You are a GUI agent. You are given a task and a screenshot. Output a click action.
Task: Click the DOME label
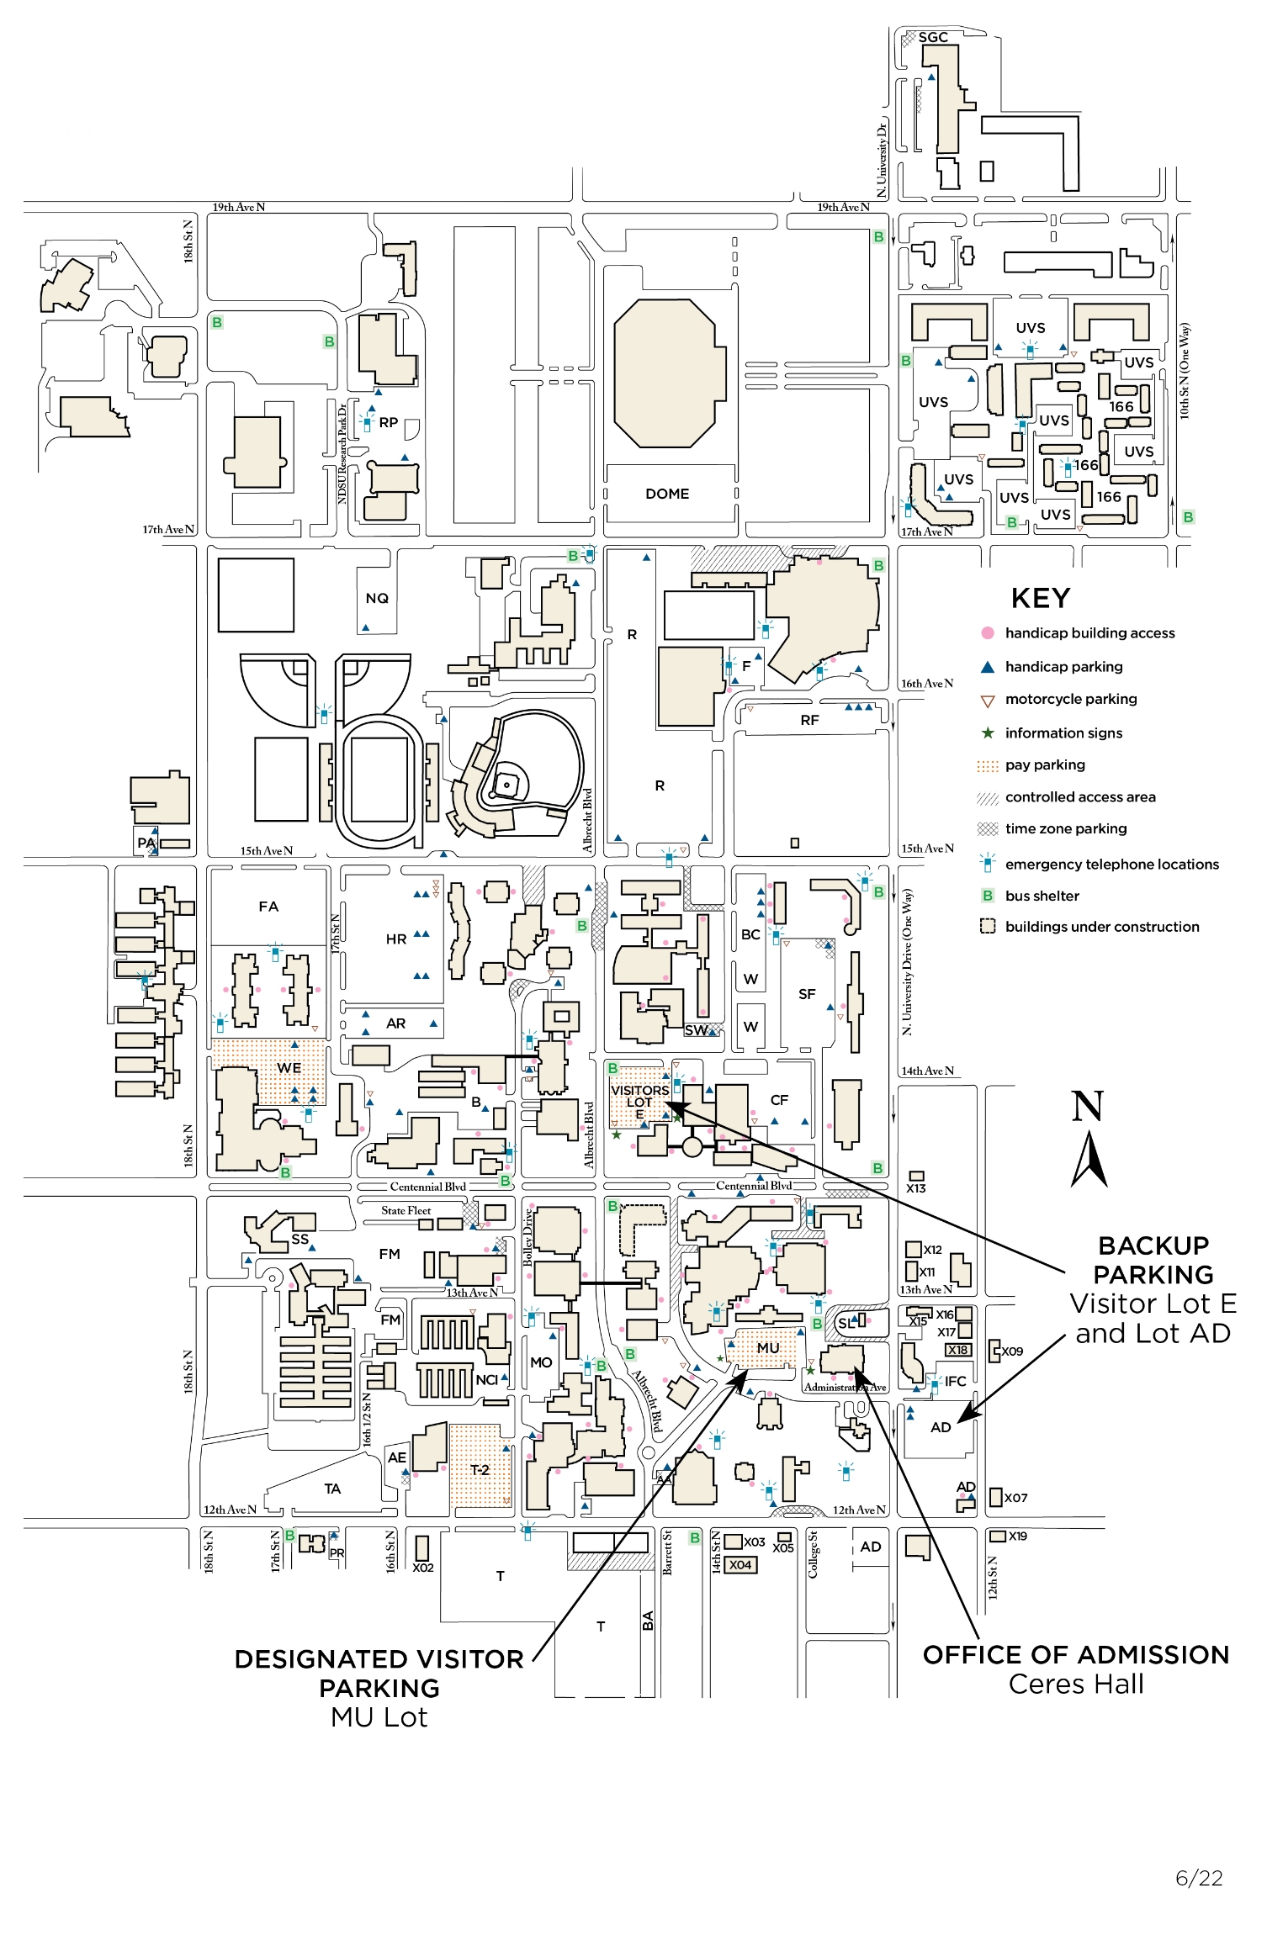(667, 494)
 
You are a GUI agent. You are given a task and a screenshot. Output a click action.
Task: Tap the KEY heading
(1041, 598)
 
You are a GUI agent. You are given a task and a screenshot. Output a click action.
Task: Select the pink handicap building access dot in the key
(988, 633)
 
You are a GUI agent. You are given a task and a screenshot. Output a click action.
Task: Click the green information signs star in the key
(988, 733)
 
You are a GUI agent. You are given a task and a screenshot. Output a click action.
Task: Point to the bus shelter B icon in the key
(988, 896)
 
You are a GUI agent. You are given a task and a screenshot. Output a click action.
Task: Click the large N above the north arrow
(1087, 1107)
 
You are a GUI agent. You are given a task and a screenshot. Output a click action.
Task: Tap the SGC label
(933, 38)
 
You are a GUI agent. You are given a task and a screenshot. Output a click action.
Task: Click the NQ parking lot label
(377, 598)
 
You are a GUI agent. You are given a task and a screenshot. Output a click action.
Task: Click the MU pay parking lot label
(767, 1347)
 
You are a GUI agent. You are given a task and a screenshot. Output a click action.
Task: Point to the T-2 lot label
(480, 1469)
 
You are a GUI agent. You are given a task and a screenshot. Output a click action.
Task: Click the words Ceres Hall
(1076, 1684)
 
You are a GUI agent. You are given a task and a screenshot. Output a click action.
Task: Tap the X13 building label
(916, 1188)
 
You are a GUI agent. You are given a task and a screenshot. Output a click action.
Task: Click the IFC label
(956, 1381)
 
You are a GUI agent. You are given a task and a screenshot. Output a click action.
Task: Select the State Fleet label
(406, 1211)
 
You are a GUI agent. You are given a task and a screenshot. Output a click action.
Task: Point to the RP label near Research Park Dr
(388, 422)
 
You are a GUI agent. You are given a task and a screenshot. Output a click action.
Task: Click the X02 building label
(423, 1568)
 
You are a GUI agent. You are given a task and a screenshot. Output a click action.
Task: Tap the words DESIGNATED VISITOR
(379, 1659)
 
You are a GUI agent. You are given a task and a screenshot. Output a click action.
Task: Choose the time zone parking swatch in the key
(988, 829)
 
